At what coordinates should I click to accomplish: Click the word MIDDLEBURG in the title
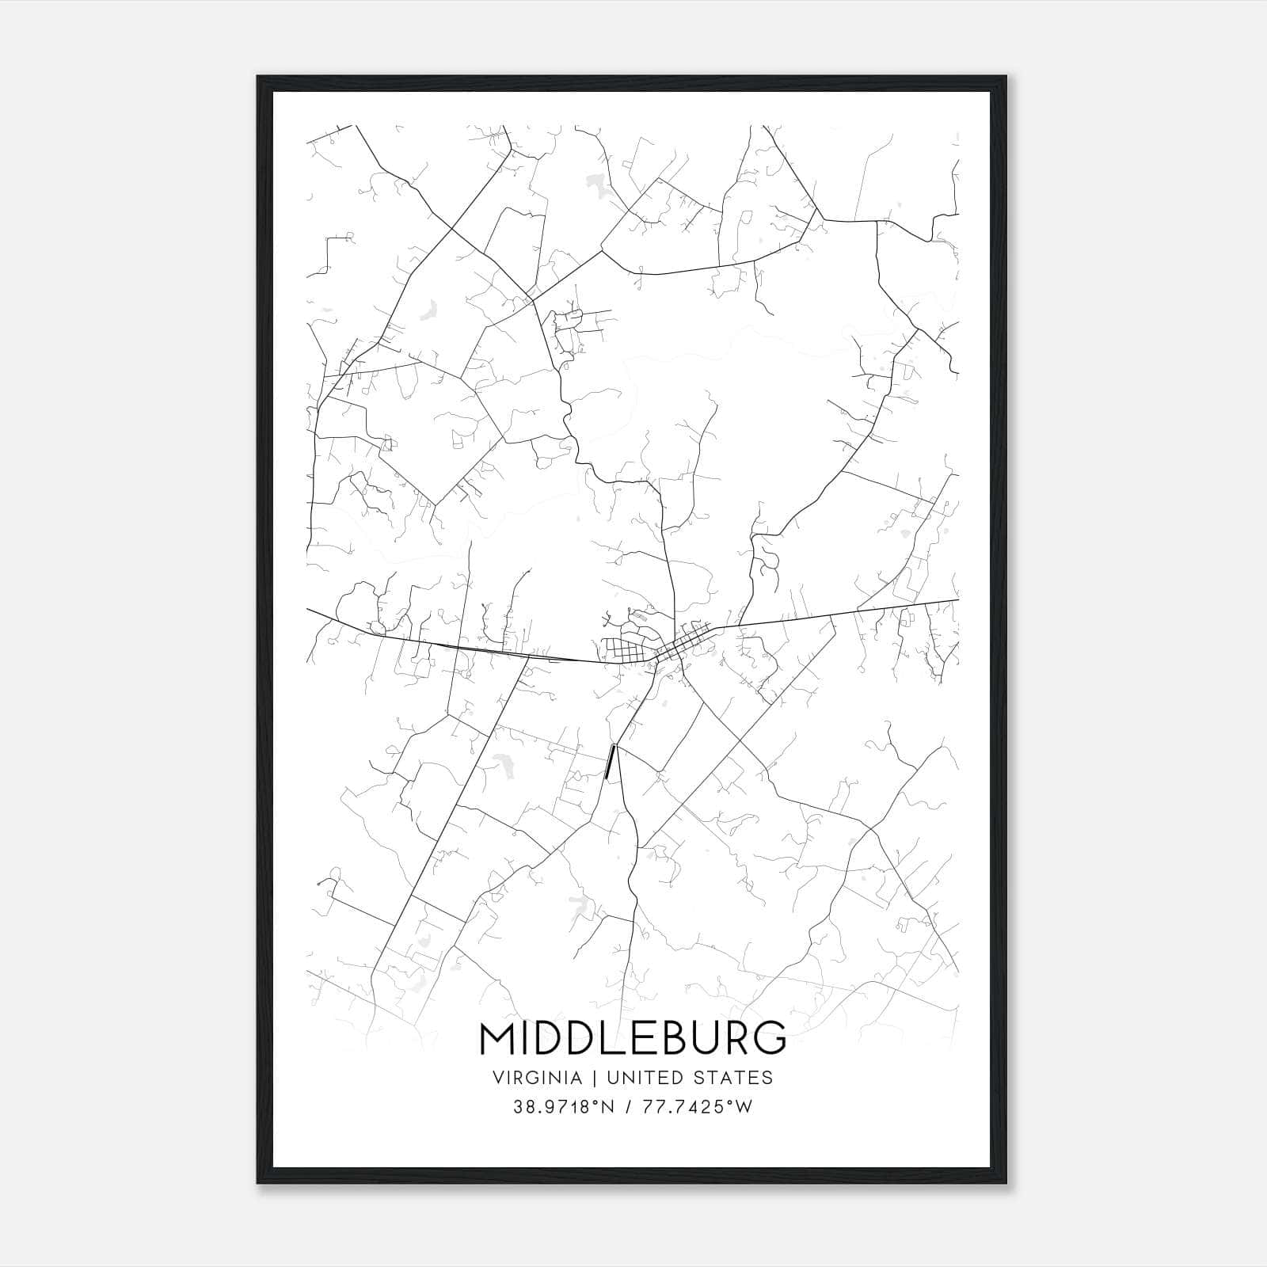pos(633,1038)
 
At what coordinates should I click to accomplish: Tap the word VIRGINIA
pos(537,1078)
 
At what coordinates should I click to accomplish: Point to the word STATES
pos(734,1078)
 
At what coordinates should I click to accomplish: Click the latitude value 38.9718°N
pos(564,1107)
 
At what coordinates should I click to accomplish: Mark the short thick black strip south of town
pos(610,762)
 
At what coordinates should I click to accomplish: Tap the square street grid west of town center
pos(626,652)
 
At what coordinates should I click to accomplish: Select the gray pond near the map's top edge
pos(595,186)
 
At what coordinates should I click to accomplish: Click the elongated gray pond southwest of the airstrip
pos(501,763)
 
